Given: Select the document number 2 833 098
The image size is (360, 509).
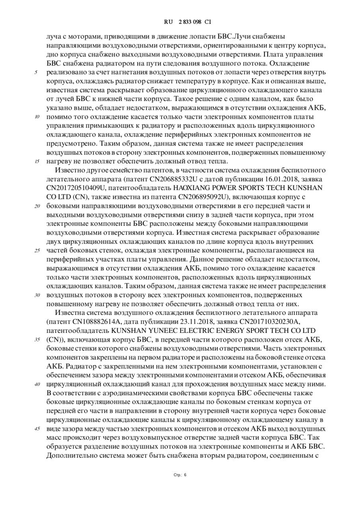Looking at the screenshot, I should (x=189, y=22).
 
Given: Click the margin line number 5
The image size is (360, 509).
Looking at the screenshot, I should (x=36, y=72).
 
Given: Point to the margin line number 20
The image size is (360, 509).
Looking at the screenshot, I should (x=37, y=206).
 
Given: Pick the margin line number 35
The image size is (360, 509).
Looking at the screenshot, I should (x=37, y=340).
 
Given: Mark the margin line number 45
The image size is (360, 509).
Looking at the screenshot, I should (x=37, y=429).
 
